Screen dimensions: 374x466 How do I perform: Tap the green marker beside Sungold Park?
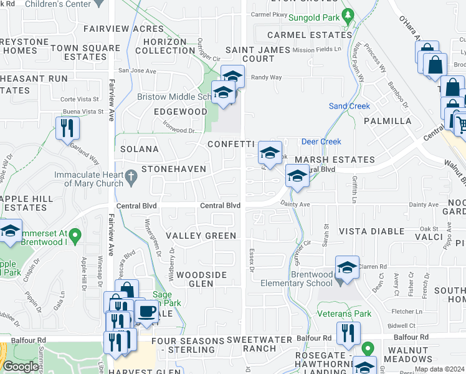tap(348, 14)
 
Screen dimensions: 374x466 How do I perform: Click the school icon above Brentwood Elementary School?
tap(347, 267)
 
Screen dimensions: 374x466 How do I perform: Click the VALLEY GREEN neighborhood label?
tap(201, 236)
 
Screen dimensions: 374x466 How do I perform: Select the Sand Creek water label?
tap(349, 106)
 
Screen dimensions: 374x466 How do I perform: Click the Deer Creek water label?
tap(321, 141)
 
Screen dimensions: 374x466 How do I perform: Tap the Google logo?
tap(21, 367)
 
